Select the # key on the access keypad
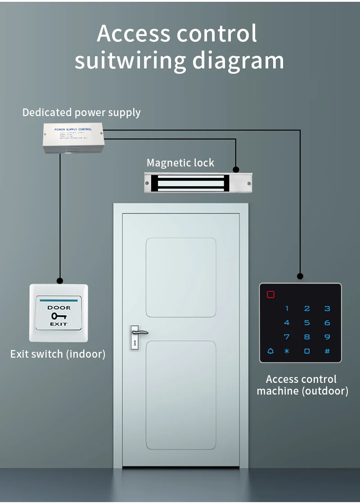click(x=327, y=351)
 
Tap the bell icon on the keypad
click(x=270, y=351)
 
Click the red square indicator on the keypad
click(x=270, y=295)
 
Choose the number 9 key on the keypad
click(x=327, y=337)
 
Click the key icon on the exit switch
click(x=58, y=316)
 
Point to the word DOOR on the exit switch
click(x=59, y=308)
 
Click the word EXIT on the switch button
click(x=58, y=324)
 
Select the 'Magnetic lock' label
click(x=180, y=163)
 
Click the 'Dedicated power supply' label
click(x=81, y=112)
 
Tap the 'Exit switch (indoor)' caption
click(x=58, y=354)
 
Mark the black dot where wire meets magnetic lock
click(x=236, y=170)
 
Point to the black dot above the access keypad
click(x=300, y=276)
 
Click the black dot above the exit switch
click(x=59, y=280)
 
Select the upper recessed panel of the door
click(x=181, y=277)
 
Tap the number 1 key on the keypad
click(x=287, y=309)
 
